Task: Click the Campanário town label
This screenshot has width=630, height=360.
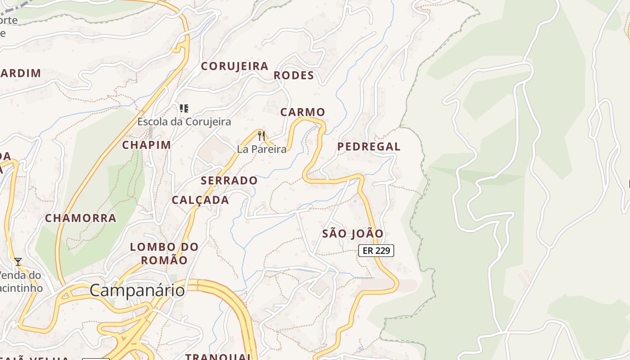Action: tap(137, 290)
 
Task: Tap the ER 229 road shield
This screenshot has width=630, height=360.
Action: tap(376, 251)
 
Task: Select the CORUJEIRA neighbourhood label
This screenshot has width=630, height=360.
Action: tap(234, 66)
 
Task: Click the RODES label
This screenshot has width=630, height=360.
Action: tap(293, 76)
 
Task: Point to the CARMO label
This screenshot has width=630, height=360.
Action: tap(302, 112)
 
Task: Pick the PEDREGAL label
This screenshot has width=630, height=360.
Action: tap(369, 147)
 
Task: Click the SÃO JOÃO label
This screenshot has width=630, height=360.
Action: tap(353, 234)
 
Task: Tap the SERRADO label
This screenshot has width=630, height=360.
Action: tap(229, 181)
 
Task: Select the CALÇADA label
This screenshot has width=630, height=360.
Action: tap(200, 200)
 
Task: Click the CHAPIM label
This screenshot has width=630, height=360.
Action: tap(146, 145)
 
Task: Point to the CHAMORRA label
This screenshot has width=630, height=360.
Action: tap(81, 218)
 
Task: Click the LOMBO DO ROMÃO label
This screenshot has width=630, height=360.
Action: tap(164, 253)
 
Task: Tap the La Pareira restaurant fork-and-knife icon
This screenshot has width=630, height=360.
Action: tap(261, 136)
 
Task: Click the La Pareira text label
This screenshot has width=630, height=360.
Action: tap(261, 149)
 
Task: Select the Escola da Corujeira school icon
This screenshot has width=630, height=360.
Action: tap(184, 108)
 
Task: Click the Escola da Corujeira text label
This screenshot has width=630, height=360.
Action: tap(184, 121)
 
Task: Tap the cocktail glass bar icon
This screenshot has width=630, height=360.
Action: tap(18, 261)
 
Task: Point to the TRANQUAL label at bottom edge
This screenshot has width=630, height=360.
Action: tap(219, 356)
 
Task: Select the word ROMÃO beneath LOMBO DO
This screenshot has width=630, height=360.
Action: tap(164, 260)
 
